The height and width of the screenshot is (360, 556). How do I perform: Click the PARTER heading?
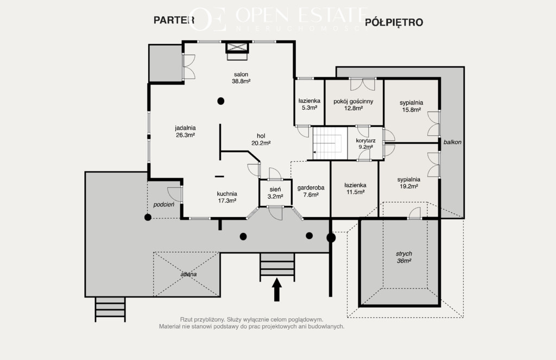(x=174, y=20)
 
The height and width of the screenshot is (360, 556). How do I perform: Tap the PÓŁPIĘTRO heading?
(x=394, y=22)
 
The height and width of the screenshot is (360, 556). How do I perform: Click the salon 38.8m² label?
(x=241, y=78)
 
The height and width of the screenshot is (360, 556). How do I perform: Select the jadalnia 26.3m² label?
(x=185, y=131)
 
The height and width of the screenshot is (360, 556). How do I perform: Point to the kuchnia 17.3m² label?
(x=227, y=197)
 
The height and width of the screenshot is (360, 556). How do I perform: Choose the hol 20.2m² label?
(x=261, y=140)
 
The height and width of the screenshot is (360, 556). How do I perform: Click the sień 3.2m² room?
(x=275, y=193)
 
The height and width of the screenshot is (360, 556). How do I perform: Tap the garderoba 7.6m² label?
(x=311, y=191)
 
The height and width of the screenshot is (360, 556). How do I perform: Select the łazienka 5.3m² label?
(x=309, y=104)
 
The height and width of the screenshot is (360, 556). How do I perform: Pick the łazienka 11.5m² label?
(x=355, y=189)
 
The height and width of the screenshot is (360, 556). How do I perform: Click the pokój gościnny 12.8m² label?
(x=353, y=105)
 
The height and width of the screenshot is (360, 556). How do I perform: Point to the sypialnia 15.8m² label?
(x=412, y=106)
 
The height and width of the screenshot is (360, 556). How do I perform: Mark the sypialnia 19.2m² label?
(x=409, y=183)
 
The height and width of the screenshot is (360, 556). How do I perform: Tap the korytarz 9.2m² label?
(x=365, y=144)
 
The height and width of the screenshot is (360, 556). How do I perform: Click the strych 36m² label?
(x=404, y=257)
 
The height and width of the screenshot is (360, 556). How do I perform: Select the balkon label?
(x=452, y=142)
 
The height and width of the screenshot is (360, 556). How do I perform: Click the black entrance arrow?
(x=276, y=289)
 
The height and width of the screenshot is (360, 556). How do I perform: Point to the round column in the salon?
(x=220, y=101)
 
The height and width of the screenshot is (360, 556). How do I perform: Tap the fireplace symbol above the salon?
(x=237, y=51)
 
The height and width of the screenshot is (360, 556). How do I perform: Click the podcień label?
(x=164, y=205)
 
